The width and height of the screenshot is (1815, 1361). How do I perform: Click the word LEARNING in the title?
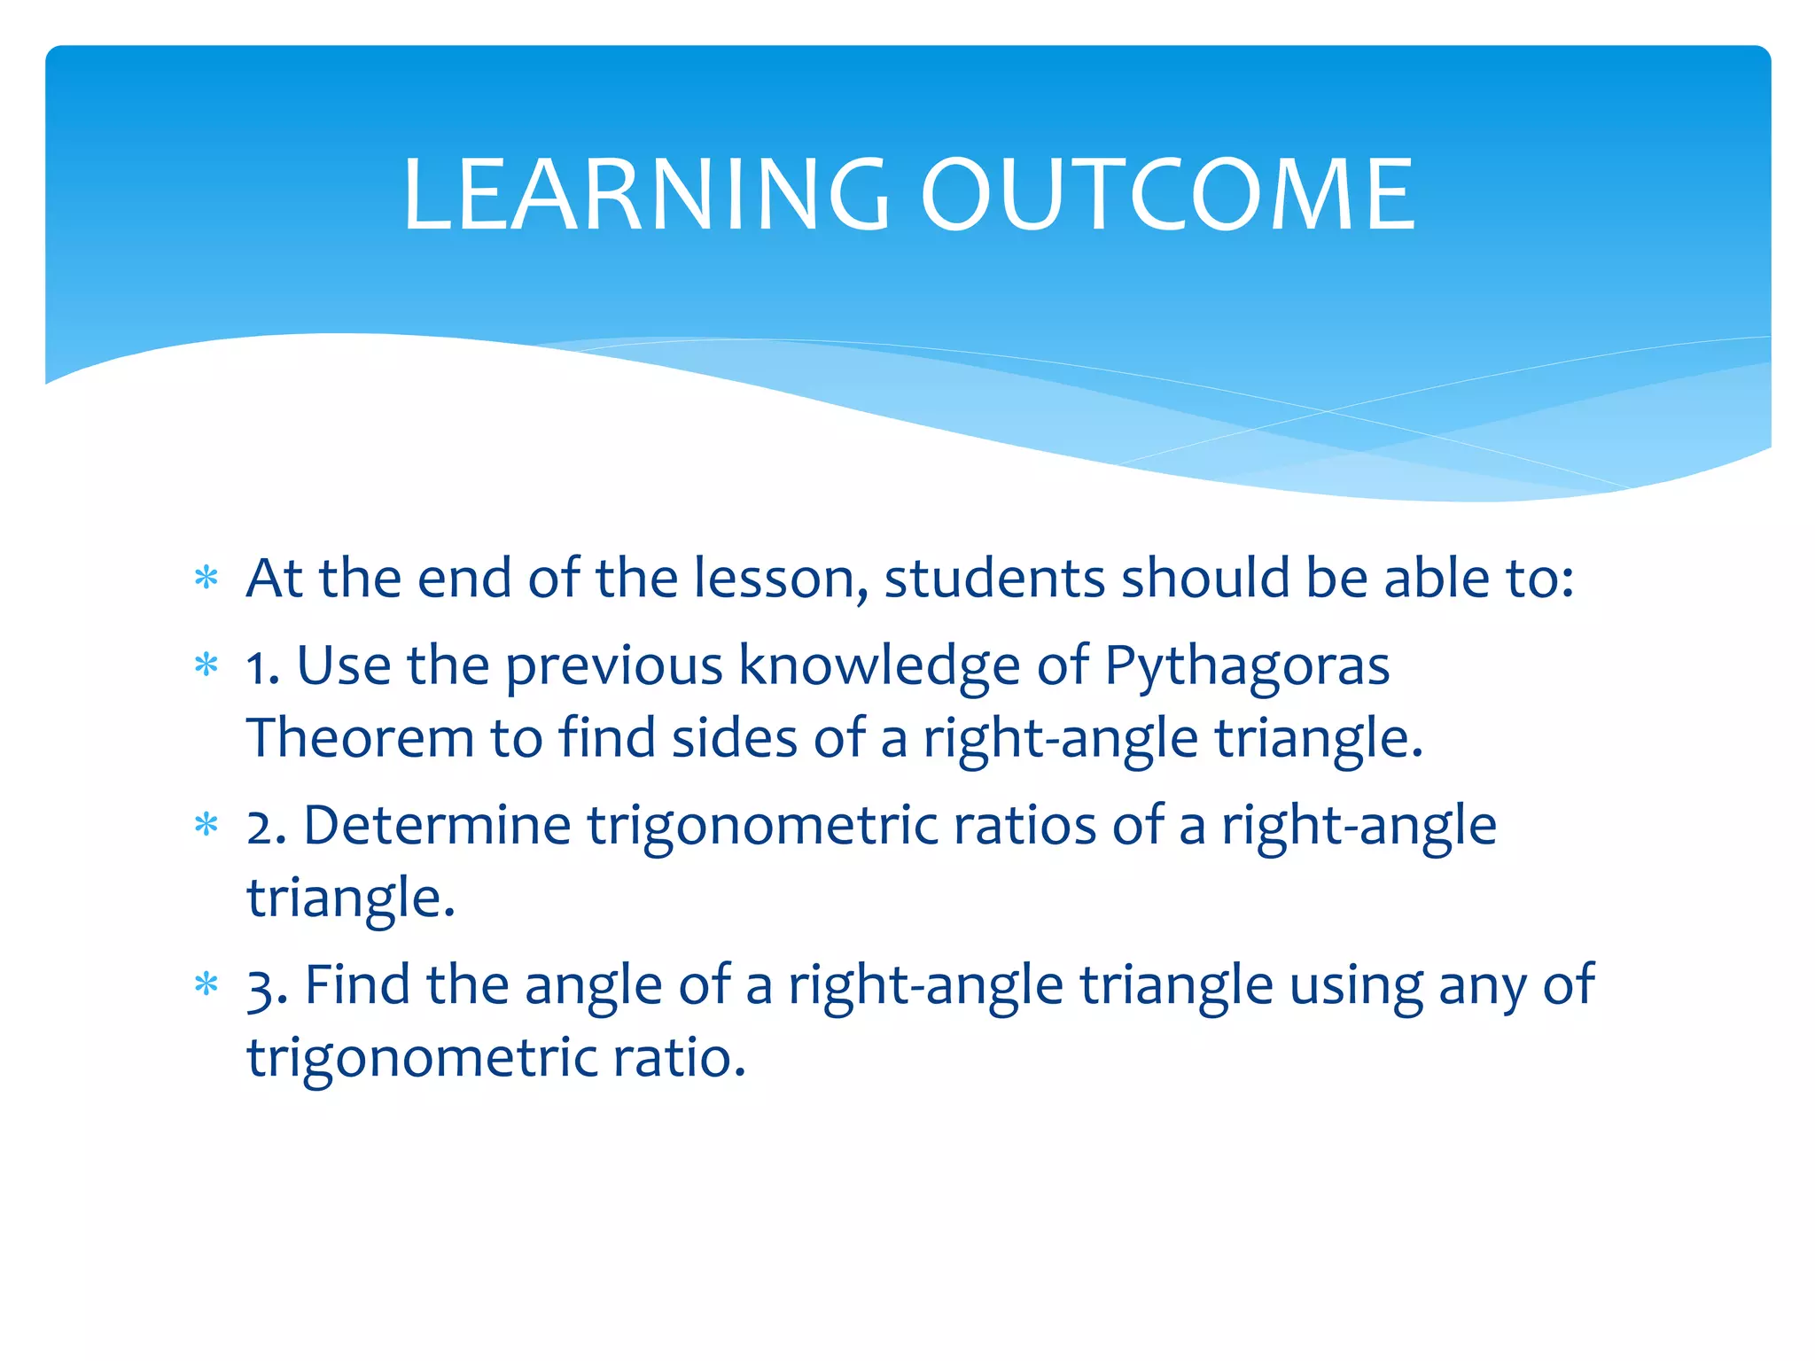[645, 195]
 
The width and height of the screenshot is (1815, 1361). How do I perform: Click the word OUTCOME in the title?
[1168, 195]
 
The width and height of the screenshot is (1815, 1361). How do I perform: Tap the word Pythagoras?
[1247, 666]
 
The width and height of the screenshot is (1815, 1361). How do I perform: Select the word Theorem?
[360, 737]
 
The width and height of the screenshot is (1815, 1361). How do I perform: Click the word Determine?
[437, 826]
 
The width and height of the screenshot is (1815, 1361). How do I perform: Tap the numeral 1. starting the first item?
[262, 666]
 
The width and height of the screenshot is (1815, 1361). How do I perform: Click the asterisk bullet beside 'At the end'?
[206, 579]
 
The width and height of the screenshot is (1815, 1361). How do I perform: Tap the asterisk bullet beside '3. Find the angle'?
[206, 984]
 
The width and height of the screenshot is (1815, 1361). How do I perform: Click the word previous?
[613, 666]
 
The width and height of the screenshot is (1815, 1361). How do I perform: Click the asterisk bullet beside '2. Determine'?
[206, 825]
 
